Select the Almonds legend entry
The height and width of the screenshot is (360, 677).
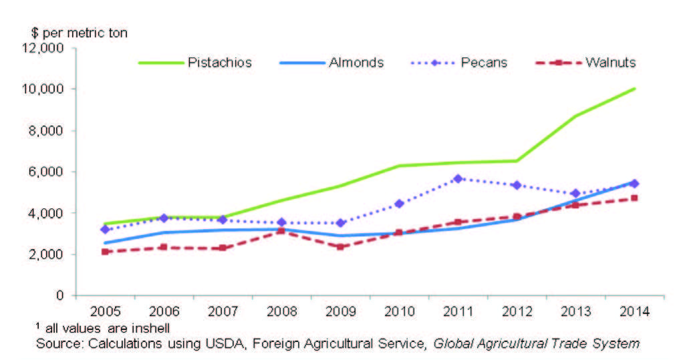(356, 63)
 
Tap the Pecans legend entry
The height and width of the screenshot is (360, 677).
(483, 63)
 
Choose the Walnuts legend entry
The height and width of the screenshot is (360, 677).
(610, 63)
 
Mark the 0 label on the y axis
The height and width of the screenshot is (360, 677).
(60, 295)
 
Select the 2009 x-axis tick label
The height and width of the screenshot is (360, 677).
(340, 312)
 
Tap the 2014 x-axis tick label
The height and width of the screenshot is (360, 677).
(634, 312)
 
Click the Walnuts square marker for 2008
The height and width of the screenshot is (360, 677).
(281, 231)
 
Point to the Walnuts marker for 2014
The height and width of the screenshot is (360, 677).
(634, 198)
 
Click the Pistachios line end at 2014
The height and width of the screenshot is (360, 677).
(634, 88)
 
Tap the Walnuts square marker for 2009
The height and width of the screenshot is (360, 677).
(340, 246)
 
